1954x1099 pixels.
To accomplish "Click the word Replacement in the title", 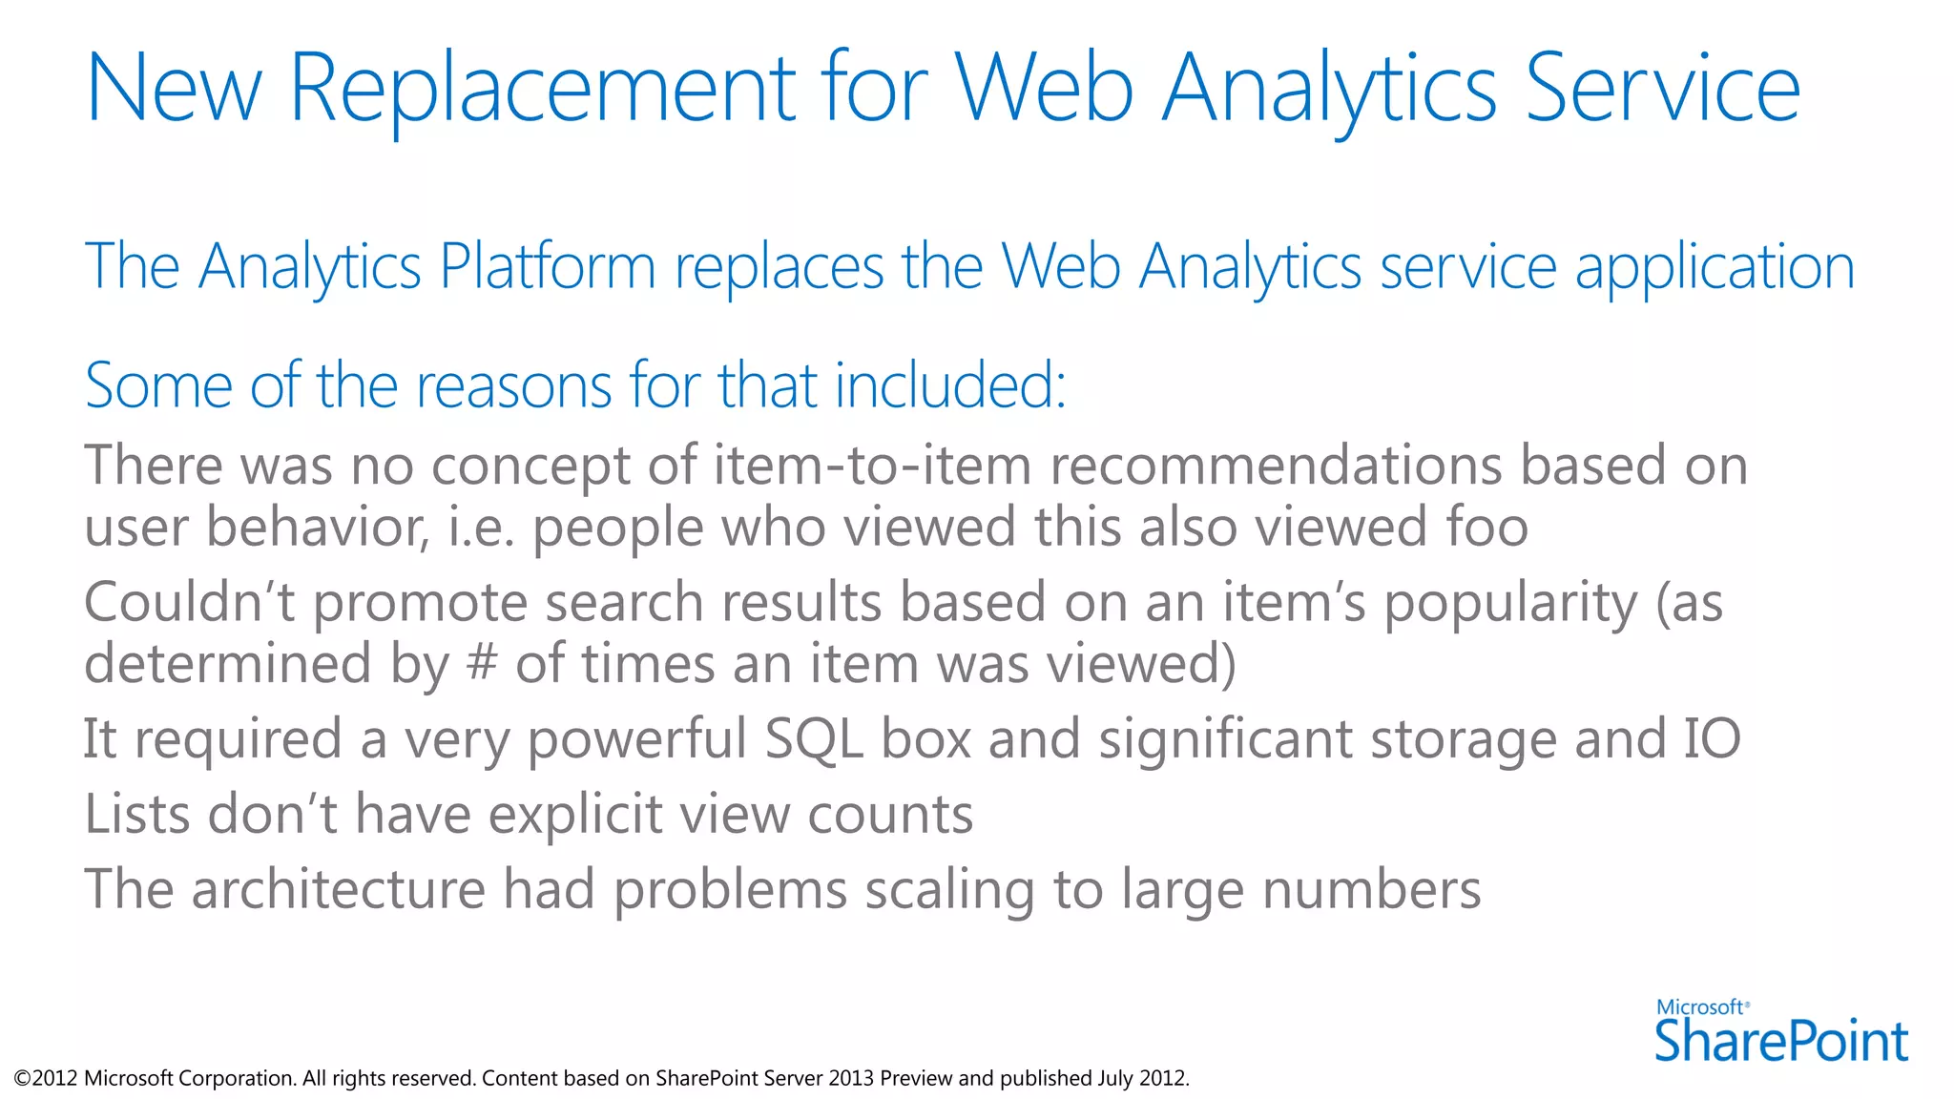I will click(x=542, y=88).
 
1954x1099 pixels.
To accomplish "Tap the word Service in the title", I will click(x=1662, y=88).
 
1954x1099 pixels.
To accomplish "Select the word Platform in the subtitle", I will click(x=547, y=266).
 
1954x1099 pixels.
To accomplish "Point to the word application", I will click(x=1715, y=268).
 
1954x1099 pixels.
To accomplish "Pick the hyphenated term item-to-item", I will click(x=872, y=466).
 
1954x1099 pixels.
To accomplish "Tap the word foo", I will click(x=1486, y=527).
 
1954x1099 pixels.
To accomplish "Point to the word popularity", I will click(x=1510, y=604).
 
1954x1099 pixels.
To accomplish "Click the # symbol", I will click(x=483, y=663).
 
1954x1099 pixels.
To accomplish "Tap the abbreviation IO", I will click(x=1712, y=738).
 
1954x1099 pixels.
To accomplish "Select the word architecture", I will click(x=338, y=889).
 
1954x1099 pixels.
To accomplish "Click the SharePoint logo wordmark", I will click(x=1780, y=1040).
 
